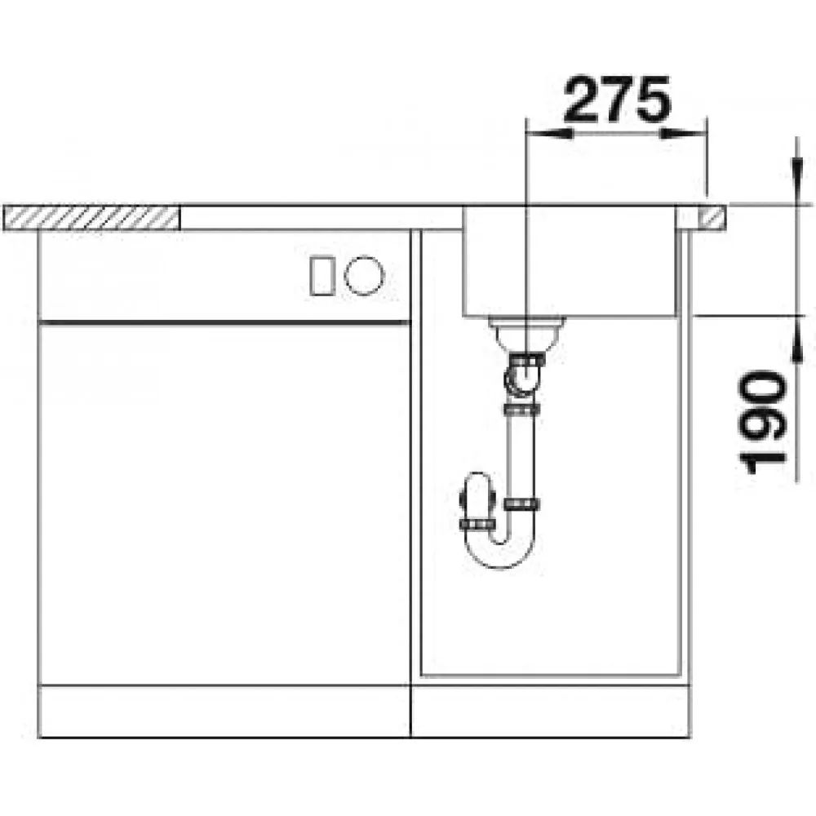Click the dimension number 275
[617, 99]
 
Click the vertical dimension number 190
[764, 422]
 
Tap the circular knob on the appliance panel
[364, 276]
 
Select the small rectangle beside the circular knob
[322, 276]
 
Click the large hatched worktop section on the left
[91, 218]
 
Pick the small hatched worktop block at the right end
[711, 218]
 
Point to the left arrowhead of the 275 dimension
[549, 133]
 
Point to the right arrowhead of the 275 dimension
[683, 133]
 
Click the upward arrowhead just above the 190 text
[796, 339]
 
